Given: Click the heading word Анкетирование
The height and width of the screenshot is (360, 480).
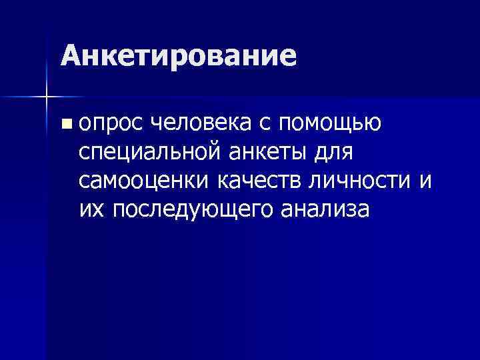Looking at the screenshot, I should pyautogui.click(x=177, y=56).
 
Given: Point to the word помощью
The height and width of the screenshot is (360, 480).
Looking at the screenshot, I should pyautogui.click(x=329, y=123).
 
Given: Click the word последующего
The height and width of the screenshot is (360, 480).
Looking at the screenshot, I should pyautogui.click(x=193, y=211).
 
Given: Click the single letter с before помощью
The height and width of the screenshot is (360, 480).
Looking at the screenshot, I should pyautogui.click(x=269, y=123).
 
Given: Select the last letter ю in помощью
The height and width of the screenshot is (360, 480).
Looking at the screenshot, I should pyautogui.click(x=373, y=123).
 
